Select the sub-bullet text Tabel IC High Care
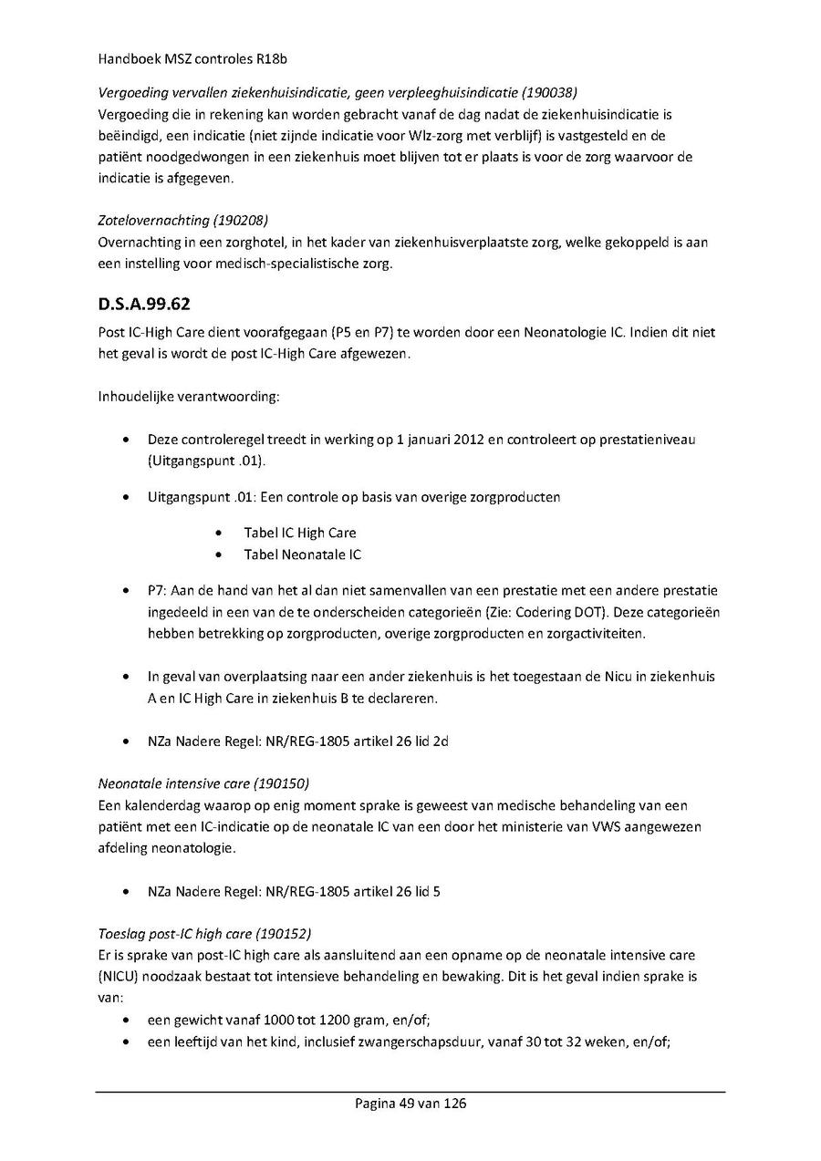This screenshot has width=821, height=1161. click(x=299, y=533)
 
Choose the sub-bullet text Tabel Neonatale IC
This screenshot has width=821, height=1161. click(x=302, y=555)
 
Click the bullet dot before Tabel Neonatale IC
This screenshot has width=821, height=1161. click(x=219, y=555)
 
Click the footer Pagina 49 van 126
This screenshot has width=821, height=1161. click(x=410, y=1104)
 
